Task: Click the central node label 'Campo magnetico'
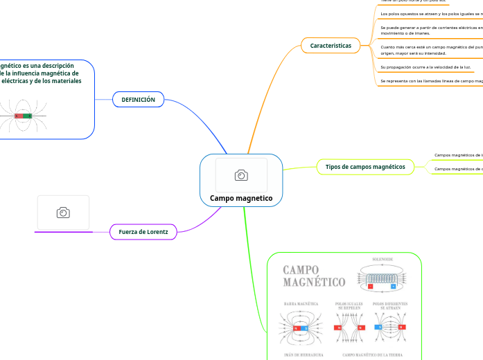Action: tap(241, 199)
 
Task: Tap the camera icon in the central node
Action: tap(241, 175)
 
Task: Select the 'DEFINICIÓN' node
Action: tap(138, 100)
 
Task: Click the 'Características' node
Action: tap(331, 46)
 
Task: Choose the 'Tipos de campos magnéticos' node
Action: tap(365, 167)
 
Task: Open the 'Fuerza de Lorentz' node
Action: tap(143, 231)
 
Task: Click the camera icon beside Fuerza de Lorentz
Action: tap(63, 213)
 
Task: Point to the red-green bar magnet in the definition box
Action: tap(24, 116)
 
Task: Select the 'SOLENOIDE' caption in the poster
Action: tap(383, 260)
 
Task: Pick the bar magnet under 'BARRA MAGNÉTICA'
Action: tap(301, 327)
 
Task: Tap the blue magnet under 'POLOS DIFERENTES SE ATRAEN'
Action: tap(378, 327)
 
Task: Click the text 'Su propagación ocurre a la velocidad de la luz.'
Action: tap(426, 67)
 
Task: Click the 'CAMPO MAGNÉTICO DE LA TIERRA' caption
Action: tap(371, 354)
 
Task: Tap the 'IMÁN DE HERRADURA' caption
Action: tap(304, 354)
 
